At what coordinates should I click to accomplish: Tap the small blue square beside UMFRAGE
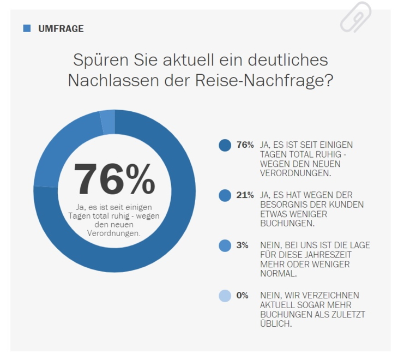[x=27, y=28]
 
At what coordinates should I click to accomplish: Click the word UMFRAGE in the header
[x=61, y=29]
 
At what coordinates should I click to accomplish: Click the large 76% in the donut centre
[x=114, y=179]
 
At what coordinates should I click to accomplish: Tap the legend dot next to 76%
[x=225, y=146]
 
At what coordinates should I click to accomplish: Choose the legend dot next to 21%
[x=225, y=196]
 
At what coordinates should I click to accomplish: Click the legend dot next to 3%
[x=225, y=246]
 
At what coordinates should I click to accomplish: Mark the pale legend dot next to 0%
[x=225, y=296]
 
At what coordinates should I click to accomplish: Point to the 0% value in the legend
[x=243, y=296]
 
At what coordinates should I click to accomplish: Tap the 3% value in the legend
[x=243, y=245]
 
